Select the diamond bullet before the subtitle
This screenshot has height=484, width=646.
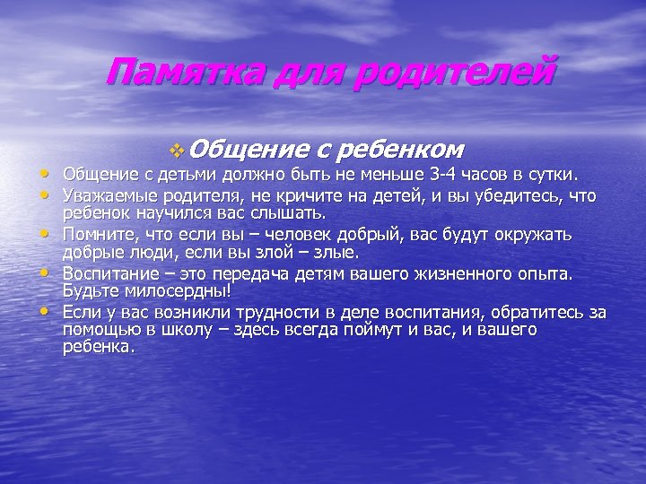click(175, 148)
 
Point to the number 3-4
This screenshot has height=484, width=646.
click(444, 173)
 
